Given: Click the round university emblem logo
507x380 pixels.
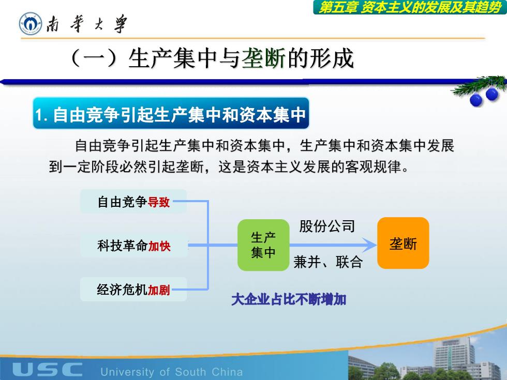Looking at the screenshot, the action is (x=31, y=24).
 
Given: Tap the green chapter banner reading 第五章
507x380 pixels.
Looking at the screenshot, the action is (x=410, y=7).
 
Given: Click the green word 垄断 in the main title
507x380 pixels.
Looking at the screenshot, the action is (x=263, y=59).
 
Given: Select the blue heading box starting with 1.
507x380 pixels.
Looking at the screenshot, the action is (x=171, y=113).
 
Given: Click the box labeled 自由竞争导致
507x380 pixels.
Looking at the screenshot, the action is (x=133, y=202).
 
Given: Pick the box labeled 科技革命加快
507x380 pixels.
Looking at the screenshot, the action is (x=134, y=246).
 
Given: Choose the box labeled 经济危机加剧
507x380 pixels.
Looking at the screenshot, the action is (x=133, y=289).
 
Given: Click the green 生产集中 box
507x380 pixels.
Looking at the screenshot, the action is (x=263, y=245).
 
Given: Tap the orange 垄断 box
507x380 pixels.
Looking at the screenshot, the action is (x=403, y=243).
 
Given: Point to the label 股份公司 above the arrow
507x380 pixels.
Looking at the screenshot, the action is (x=327, y=226).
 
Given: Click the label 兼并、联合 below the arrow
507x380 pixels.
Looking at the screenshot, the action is (x=328, y=262).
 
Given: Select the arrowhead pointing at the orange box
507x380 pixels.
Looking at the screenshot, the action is (x=369, y=245).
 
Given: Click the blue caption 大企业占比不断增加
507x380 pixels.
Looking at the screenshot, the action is (x=289, y=299).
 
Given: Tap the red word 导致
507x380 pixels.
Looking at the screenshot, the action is (x=159, y=202).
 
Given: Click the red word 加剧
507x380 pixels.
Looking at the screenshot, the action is (x=159, y=290).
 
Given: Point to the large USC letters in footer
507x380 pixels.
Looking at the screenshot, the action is (x=47, y=369).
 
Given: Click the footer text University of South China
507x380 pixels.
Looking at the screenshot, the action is (x=172, y=372).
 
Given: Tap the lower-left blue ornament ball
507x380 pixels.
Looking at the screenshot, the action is (x=476, y=100).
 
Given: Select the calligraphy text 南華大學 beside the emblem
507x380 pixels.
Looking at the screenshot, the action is (x=86, y=24).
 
